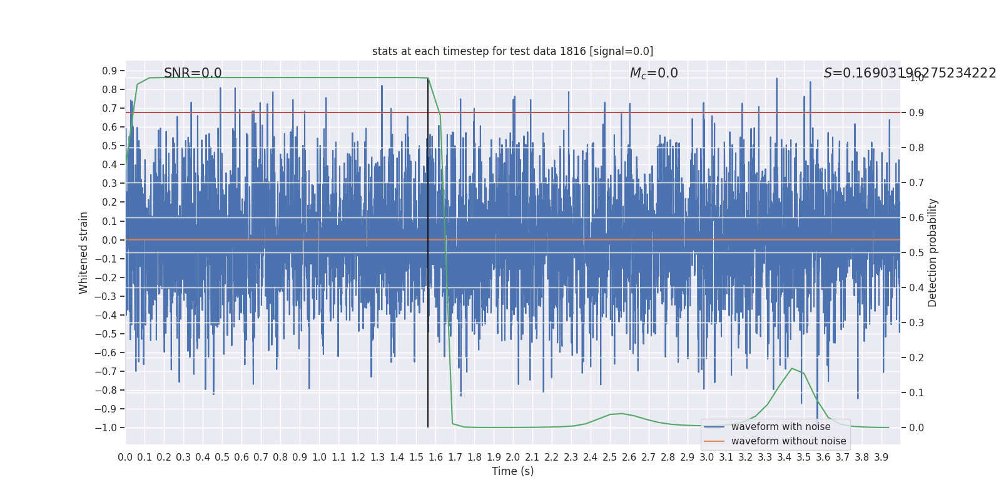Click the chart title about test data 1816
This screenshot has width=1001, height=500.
pyautogui.click(x=512, y=51)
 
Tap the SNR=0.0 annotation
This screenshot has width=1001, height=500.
pyautogui.click(x=193, y=73)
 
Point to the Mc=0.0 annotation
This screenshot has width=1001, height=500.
pyautogui.click(x=654, y=73)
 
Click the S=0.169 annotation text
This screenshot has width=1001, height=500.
pyautogui.click(x=909, y=73)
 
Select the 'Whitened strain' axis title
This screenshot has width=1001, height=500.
pyautogui.click(x=84, y=252)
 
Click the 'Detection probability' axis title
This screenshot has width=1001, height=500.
pyautogui.click(x=933, y=252)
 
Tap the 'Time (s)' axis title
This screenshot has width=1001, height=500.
pyautogui.click(x=512, y=471)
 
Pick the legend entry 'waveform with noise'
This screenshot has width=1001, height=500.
pyautogui.click(x=780, y=427)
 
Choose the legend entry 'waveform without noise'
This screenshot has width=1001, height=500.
pyautogui.click(x=788, y=441)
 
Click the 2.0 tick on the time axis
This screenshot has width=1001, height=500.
pyautogui.click(x=513, y=457)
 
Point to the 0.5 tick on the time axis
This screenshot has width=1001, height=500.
pyautogui.click(x=222, y=457)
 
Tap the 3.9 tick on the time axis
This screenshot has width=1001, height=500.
pyautogui.click(x=881, y=457)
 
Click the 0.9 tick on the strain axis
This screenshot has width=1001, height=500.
pyautogui.click(x=109, y=71)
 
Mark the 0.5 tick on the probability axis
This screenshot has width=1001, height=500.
pyautogui.click(x=917, y=252)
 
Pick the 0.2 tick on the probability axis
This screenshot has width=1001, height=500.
pyautogui.click(x=917, y=357)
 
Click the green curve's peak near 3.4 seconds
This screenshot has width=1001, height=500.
pyautogui.click(x=792, y=368)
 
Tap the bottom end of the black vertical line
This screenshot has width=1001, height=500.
pyautogui.click(x=428, y=427)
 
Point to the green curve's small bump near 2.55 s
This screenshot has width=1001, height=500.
pyautogui.click(x=621, y=413)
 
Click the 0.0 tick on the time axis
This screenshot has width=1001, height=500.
pyautogui.click(x=125, y=457)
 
